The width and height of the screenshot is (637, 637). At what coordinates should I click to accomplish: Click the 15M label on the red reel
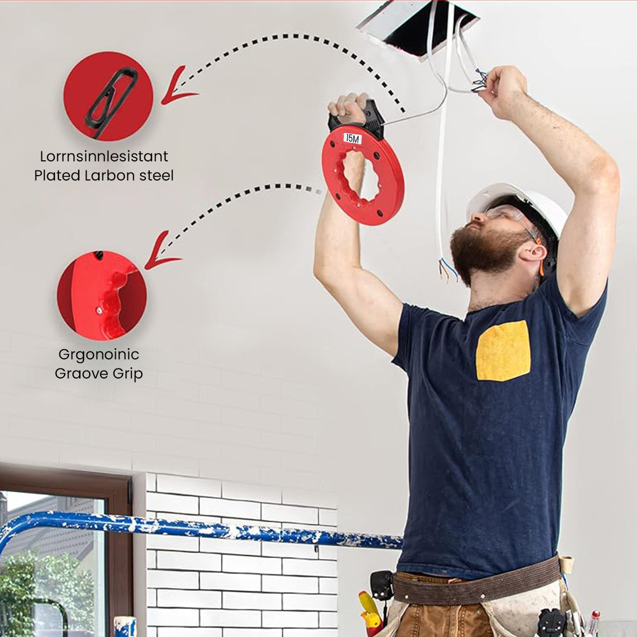[352, 139]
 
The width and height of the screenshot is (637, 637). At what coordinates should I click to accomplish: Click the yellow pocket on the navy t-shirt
[503, 351]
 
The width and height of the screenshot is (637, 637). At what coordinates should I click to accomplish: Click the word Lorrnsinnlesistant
[104, 157]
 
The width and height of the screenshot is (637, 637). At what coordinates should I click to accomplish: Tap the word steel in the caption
[156, 176]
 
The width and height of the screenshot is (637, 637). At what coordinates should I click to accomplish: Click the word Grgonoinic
[99, 355]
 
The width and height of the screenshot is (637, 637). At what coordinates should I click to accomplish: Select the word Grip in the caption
[127, 374]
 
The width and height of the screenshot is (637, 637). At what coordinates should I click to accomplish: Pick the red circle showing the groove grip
[102, 296]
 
